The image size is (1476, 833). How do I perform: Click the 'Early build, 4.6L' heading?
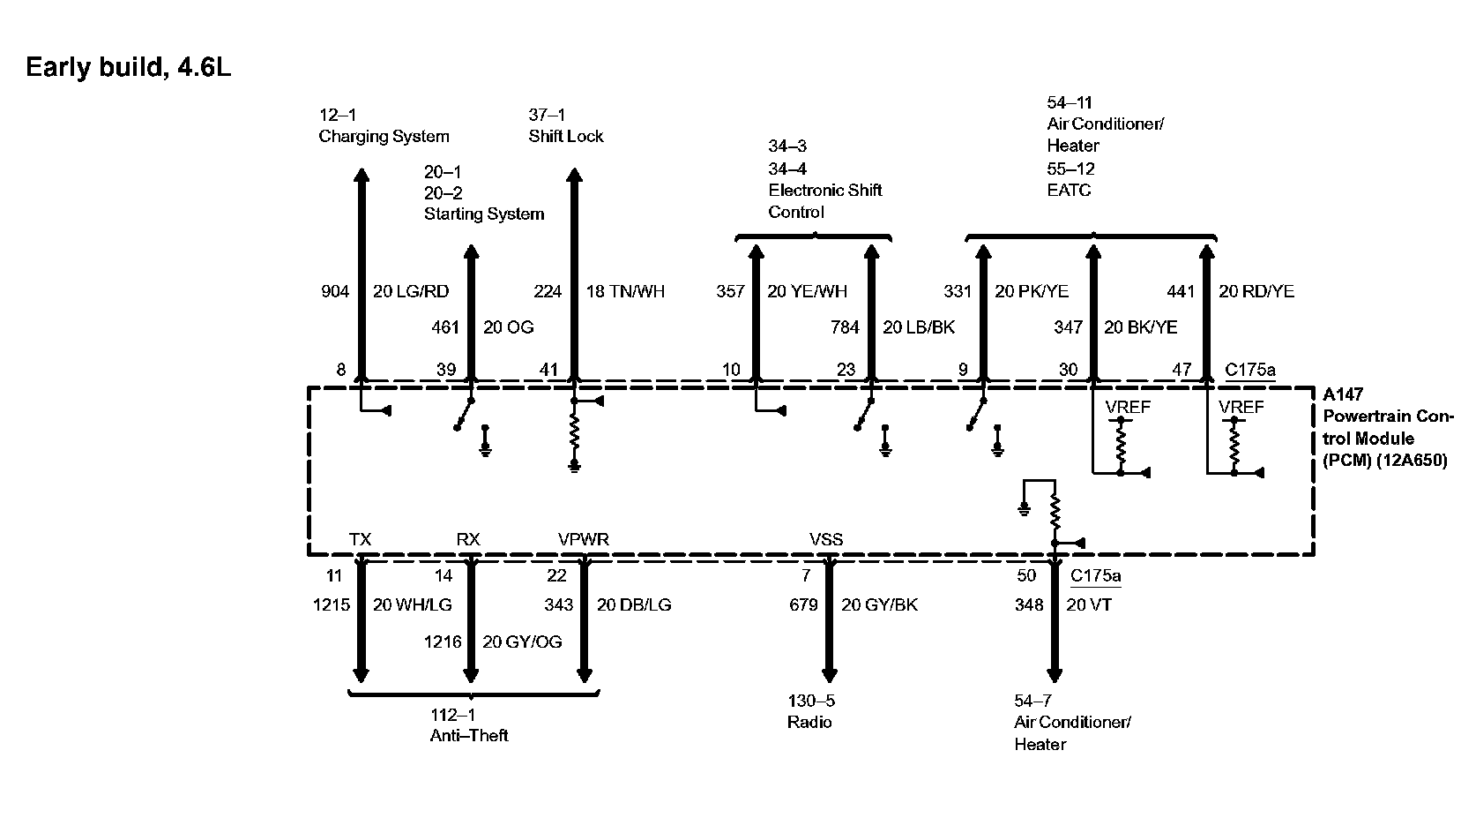[x=128, y=68]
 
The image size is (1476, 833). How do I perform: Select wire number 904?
[x=335, y=291]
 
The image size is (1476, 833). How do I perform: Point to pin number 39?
[x=446, y=370]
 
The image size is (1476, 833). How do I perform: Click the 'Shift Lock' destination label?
[x=566, y=137]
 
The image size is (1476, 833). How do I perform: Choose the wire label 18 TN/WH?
[x=625, y=291]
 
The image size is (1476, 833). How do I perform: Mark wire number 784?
[x=845, y=327]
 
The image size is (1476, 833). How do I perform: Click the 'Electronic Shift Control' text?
[x=824, y=201]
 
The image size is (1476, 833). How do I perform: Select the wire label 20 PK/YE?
[x=1032, y=291]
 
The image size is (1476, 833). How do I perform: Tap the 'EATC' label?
[x=1069, y=191]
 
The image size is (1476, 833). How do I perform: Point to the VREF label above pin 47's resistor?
[x=1241, y=407]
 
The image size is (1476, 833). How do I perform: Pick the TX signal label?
[x=360, y=539]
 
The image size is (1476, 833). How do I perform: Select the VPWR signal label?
[x=583, y=539]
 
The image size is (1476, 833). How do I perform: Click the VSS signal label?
[x=826, y=539]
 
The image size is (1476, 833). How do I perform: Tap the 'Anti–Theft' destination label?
[x=469, y=736]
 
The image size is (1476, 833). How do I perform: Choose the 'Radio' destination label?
[x=809, y=723]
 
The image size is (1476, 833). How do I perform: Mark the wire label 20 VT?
[x=1089, y=605]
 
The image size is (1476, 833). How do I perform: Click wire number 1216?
[x=443, y=642]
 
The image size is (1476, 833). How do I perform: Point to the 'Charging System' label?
[x=384, y=137]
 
